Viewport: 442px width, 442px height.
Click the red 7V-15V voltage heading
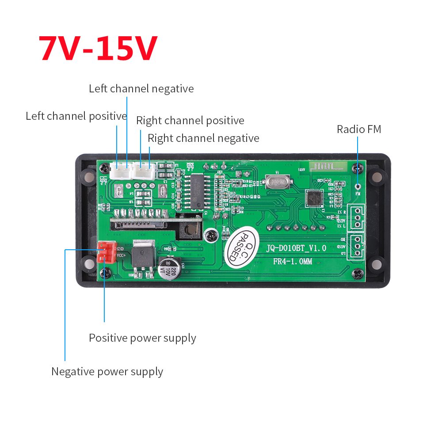(98, 48)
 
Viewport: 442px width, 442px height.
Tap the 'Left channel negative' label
(141, 88)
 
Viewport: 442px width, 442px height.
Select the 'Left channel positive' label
(76, 116)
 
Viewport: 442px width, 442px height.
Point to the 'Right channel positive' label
(190, 121)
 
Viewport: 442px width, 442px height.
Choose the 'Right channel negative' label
(203, 138)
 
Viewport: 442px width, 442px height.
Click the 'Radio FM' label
(358, 129)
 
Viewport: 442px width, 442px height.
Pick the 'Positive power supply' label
(142, 338)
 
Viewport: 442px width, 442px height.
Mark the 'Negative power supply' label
(107, 372)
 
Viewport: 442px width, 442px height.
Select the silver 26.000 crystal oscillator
(278, 181)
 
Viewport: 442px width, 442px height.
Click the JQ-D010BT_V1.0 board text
(296, 248)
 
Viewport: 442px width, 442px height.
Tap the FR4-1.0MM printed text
(292, 262)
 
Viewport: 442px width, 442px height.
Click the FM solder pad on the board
(358, 187)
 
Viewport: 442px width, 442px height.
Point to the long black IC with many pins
(194, 191)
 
